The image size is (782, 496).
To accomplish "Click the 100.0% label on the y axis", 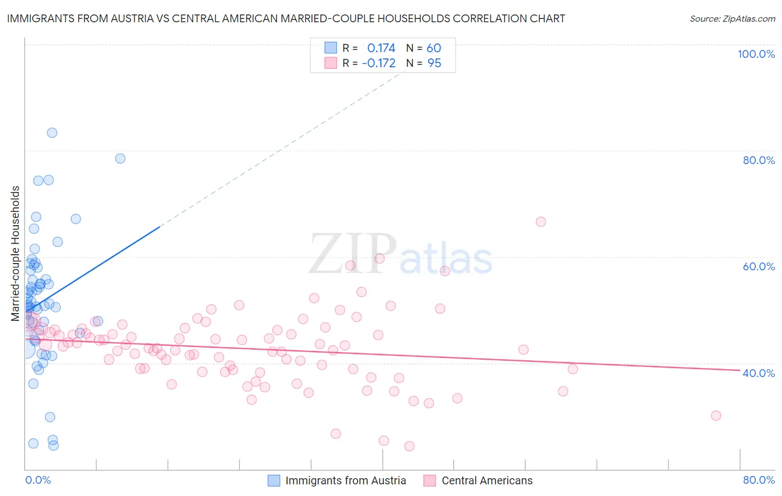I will pos(756,54).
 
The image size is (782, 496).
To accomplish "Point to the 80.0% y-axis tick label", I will pos(759,160).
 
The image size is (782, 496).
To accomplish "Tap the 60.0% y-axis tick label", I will pos(759,266).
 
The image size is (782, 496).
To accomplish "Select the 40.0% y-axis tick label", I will pos(759,373).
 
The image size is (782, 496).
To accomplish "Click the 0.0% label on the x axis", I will pos(38,480).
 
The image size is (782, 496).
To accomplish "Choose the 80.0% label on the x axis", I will pos(759,480).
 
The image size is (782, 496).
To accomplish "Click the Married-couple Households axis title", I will pos(16,254).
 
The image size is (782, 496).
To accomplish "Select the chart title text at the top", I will pos(286,18).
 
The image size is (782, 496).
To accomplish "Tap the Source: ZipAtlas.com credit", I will pos(732,18).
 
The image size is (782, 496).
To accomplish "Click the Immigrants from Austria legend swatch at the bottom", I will pos(274,480).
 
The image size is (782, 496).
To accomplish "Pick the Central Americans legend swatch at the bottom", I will pos(429,480).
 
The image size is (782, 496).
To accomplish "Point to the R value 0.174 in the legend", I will pos(381,48).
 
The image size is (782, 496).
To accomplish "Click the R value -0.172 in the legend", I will pos(378,63).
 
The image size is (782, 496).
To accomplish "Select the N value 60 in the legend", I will pos(434,48).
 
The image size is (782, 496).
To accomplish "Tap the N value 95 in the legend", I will pos(434,63).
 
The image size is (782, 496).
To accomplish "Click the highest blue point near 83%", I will pos(52,132).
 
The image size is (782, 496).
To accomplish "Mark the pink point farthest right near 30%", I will pos(716,415).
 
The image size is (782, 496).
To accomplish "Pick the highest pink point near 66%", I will pos(541,222).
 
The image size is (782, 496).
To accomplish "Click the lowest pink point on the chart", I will pos(409,446).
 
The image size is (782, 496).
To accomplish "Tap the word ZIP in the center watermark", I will pos(353,254).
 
